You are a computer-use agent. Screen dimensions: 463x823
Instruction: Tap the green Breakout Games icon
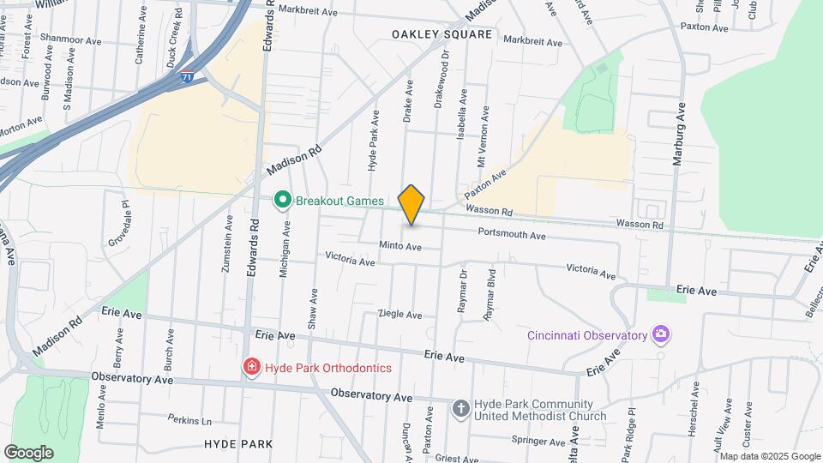coord(281,201)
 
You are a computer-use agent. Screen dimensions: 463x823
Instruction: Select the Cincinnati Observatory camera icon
coord(660,334)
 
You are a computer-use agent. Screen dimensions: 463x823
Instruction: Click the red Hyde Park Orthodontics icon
coord(251,367)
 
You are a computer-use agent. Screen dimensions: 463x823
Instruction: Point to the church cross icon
coord(460,407)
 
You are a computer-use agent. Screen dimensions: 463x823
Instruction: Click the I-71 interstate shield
coord(187,77)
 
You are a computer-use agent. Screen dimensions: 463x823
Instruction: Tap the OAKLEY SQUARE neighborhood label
coord(442,34)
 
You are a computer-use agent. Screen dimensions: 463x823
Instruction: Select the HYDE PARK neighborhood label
coord(238,444)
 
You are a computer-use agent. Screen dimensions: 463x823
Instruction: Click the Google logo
coord(28,452)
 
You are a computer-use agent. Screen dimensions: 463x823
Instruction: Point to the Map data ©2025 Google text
coord(769,456)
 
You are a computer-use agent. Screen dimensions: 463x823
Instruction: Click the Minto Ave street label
coord(401,247)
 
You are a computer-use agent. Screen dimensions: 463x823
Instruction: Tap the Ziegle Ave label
coord(400,315)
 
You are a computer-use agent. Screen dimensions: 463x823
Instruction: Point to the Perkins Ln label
coord(189,421)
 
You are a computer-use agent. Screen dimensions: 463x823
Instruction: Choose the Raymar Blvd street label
coord(490,296)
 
